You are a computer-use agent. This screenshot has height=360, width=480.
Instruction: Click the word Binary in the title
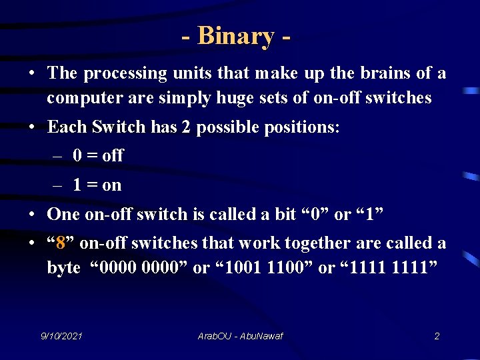coord(235,36)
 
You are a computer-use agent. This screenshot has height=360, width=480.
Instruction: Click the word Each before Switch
coord(67,127)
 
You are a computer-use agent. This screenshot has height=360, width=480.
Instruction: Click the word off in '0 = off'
coord(112,156)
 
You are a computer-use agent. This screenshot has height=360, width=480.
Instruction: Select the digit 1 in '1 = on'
coord(78,185)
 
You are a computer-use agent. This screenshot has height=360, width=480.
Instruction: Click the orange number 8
coord(61,243)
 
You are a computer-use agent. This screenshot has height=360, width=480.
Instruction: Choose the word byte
coord(63,268)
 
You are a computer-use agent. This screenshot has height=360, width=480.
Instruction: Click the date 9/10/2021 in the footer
coord(62,336)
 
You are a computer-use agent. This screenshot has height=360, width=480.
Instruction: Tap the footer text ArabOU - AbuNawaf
coord(241,336)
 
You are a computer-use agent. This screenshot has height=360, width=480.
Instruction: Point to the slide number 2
coord(437,336)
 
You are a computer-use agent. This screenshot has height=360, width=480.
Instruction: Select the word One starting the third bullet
coord(63,214)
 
